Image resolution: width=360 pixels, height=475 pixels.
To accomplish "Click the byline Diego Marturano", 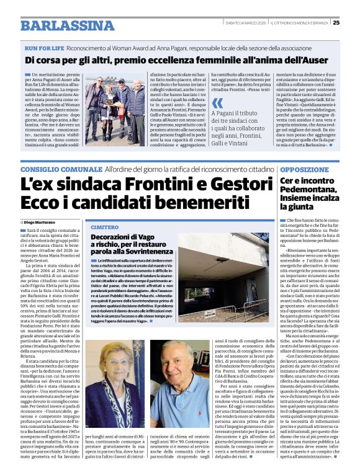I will click(x=40, y=221).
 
